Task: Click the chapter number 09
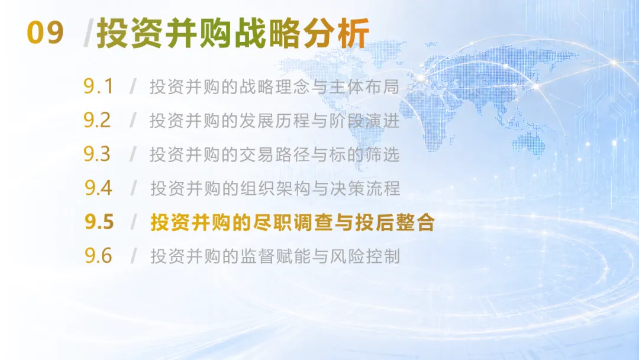(x=45, y=33)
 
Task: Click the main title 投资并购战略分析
(x=233, y=33)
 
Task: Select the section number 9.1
(x=98, y=86)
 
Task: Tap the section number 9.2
(x=97, y=120)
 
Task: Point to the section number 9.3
(x=97, y=154)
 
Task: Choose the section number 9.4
(x=98, y=188)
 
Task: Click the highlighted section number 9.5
(x=99, y=222)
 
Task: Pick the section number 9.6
(x=98, y=256)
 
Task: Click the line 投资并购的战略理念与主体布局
(x=275, y=86)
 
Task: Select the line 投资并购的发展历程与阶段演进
(x=275, y=121)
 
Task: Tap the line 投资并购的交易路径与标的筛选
(x=275, y=155)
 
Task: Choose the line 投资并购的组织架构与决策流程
(x=276, y=188)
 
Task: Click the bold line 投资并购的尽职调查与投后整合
(x=293, y=222)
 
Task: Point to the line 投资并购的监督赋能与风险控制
(x=276, y=256)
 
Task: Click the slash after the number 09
(x=88, y=33)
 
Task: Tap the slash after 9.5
(x=133, y=222)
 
